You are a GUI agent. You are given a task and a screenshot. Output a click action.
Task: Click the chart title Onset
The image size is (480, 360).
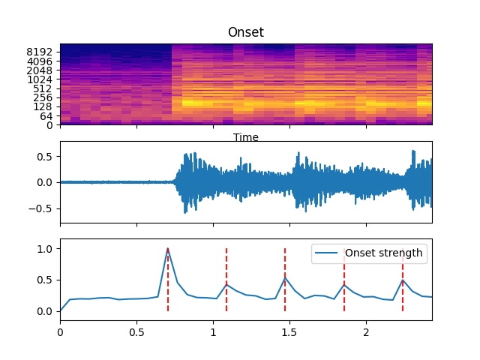246,33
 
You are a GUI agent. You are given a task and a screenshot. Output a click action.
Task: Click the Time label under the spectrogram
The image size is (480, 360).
246,137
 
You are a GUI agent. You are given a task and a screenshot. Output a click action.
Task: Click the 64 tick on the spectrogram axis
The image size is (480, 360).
46,115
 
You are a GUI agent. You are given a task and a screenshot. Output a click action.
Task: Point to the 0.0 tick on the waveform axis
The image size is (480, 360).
43,182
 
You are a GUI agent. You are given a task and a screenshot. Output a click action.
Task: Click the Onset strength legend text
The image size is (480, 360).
383,253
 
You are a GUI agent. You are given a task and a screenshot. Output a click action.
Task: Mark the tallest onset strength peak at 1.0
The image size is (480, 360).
167,248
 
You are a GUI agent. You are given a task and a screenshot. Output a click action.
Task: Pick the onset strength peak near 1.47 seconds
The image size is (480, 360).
285,278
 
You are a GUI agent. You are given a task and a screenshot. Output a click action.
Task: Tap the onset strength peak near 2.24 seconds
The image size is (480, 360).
403,280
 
